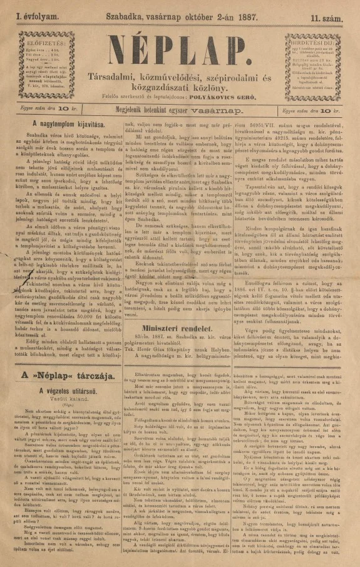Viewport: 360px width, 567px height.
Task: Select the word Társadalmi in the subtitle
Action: [130, 77]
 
